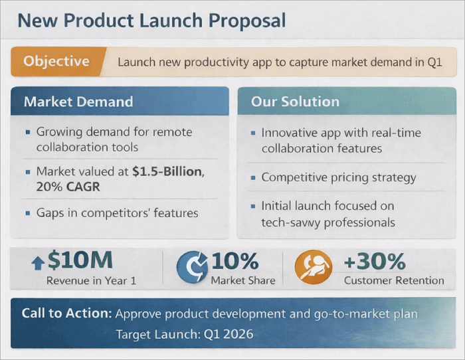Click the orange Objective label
[x=56, y=62]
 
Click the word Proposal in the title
[x=246, y=21]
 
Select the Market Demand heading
[x=78, y=102]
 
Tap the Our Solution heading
[x=295, y=102]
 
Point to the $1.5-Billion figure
[x=167, y=171]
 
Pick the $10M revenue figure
[x=80, y=261]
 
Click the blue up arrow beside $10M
[x=37, y=263]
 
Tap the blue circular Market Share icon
[x=192, y=268]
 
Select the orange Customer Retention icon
[x=312, y=268]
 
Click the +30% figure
[x=374, y=262]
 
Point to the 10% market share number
[x=235, y=262]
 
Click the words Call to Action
[x=66, y=313]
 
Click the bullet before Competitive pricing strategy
[x=253, y=178]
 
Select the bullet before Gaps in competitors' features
[x=27, y=214]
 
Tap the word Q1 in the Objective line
[x=434, y=62]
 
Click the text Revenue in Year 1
[x=91, y=280]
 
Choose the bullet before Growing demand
[x=27, y=132]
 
